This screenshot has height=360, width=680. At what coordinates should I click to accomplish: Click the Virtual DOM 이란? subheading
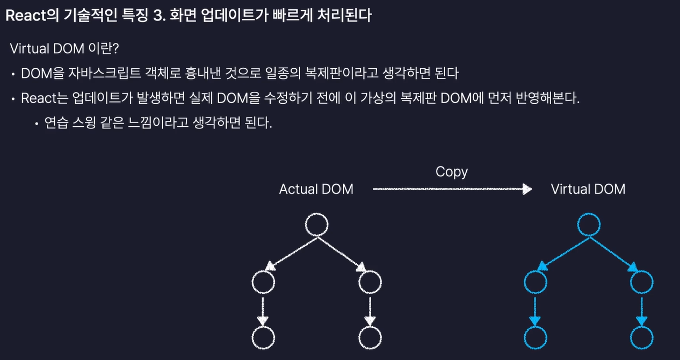(x=64, y=48)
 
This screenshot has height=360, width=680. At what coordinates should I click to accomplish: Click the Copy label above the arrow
(x=451, y=172)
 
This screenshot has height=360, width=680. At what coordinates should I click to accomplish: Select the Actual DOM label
(x=316, y=189)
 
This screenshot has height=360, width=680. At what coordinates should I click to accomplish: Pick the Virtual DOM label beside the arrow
(x=588, y=189)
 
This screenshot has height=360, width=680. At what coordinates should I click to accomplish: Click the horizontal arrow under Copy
(x=451, y=189)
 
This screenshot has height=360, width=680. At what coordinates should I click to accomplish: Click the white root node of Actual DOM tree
(x=316, y=225)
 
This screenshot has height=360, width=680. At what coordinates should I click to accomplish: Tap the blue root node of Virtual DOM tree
(x=588, y=225)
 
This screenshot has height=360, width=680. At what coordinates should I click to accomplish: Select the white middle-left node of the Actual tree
(x=263, y=281)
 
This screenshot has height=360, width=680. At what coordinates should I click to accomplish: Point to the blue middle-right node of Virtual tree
(x=642, y=281)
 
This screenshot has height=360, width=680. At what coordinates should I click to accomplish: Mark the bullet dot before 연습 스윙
(x=37, y=124)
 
